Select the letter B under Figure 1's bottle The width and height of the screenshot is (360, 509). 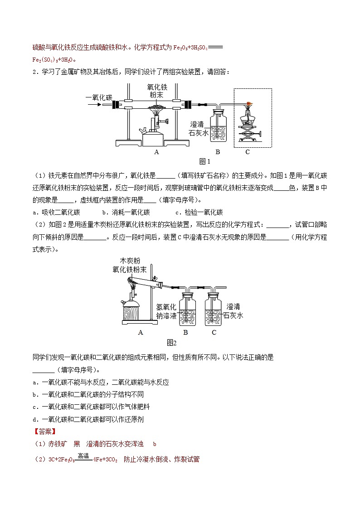(x=217, y=152)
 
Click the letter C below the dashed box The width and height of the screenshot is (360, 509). (x=248, y=152)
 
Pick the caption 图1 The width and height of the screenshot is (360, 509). (x=205, y=161)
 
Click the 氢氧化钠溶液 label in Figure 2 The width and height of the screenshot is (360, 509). (x=166, y=311)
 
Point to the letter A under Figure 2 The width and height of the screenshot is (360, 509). (x=141, y=332)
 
